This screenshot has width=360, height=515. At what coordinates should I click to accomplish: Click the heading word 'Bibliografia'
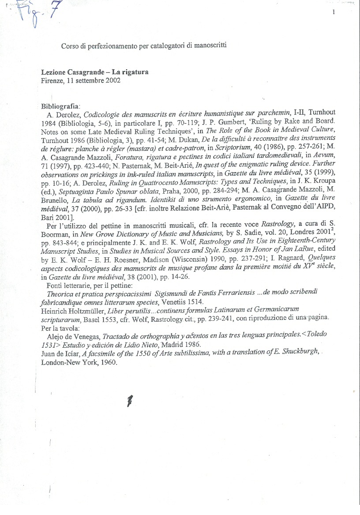60,107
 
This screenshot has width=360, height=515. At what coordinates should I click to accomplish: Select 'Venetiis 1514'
182,300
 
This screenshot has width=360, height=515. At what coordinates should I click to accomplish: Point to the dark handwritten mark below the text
130,400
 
